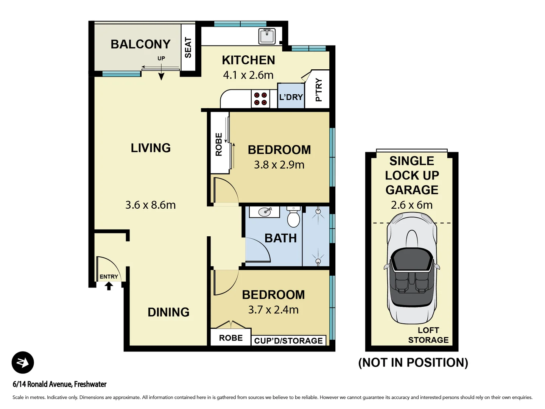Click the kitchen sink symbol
click(x=267, y=36)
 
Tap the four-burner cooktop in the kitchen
click(x=260, y=99)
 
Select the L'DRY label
click(x=291, y=97)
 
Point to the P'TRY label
click(x=319, y=90)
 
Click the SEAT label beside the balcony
click(x=188, y=47)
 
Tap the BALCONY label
click(x=140, y=44)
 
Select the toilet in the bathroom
click(x=293, y=217)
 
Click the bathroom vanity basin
click(x=265, y=212)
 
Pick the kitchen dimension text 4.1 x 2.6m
click(x=248, y=75)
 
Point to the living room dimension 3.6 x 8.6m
click(x=150, y=205)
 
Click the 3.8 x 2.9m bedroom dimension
click(x=279, y=165)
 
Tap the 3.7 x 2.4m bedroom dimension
click(x=273, y=310)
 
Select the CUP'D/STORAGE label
click(x=288, y=341)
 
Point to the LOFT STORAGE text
click(x=428, y=335)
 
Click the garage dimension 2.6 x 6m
click(x=412, y=205)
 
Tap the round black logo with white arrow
click(x=23, y=362)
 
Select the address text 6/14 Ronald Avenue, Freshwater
click(x=59, y=384)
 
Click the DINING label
click(x=168, y=312)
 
